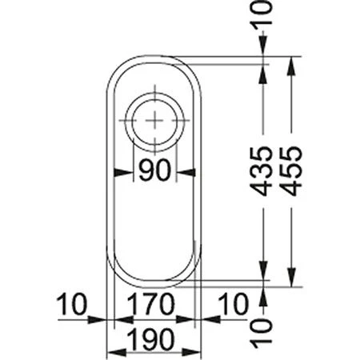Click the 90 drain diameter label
click(154, 170)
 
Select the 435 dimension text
click(262, 171)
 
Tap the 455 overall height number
click(291, 171)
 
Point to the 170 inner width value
click(150, 304)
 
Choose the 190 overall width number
click(150, 339)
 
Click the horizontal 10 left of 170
click(72, 304)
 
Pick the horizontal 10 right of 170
click(234, 304)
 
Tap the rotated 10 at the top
click(262, 13)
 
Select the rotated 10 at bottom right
click(262, 334)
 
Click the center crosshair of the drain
click(154, 120)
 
